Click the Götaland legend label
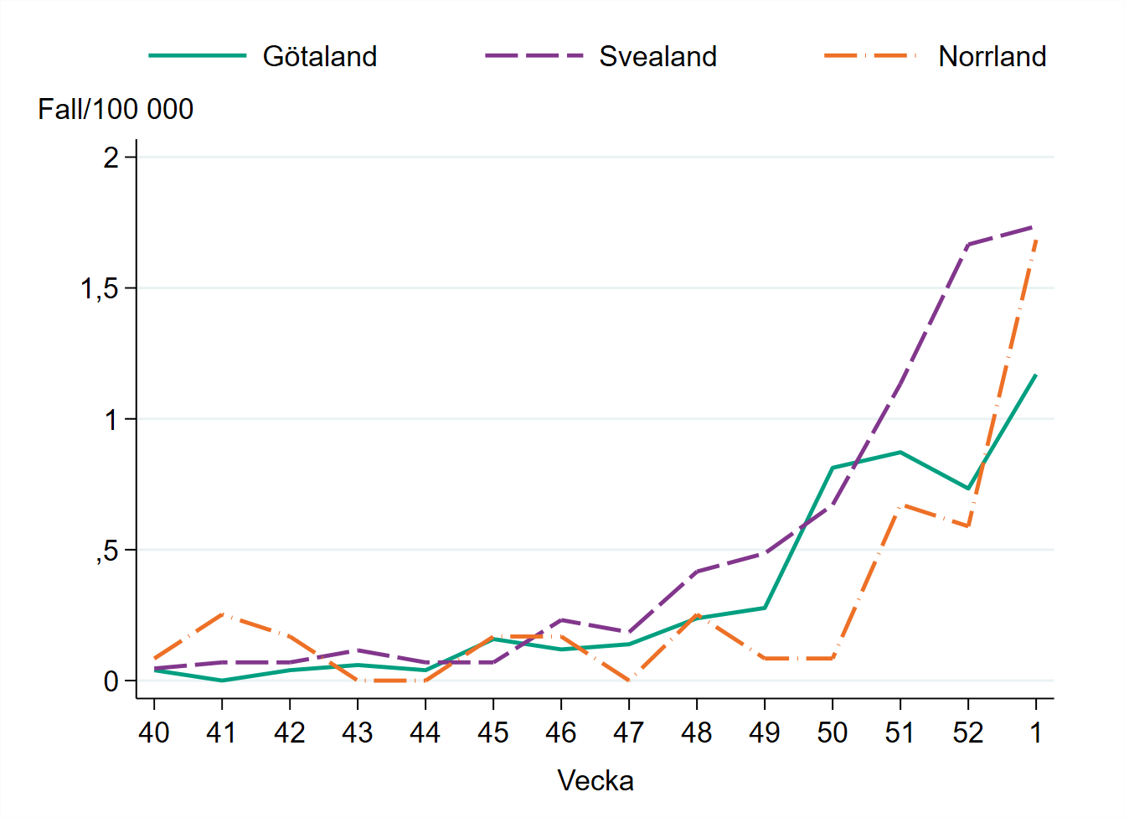coord(320,56)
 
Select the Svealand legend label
coord(657,56)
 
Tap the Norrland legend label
coord(992,56)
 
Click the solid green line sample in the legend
coord(198,56)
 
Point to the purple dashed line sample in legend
coord(534,56)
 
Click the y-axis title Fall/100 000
coord(116,109)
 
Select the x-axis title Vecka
coord(596,780)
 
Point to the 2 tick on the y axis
coord(111,158)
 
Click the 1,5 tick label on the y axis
coord(99,288)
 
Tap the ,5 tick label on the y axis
coord(107,551)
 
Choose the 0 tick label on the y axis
coord(111,681)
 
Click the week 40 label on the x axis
coord(154,733)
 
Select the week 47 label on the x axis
coord(628,733)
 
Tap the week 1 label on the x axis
coord(1036,733)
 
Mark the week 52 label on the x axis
coord(967,733)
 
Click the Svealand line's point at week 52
coord(967,245)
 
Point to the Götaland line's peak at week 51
coord(900,452)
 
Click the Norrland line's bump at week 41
coord(222,614)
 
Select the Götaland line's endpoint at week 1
coord(1036,375)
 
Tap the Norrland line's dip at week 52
coord(967,525)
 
